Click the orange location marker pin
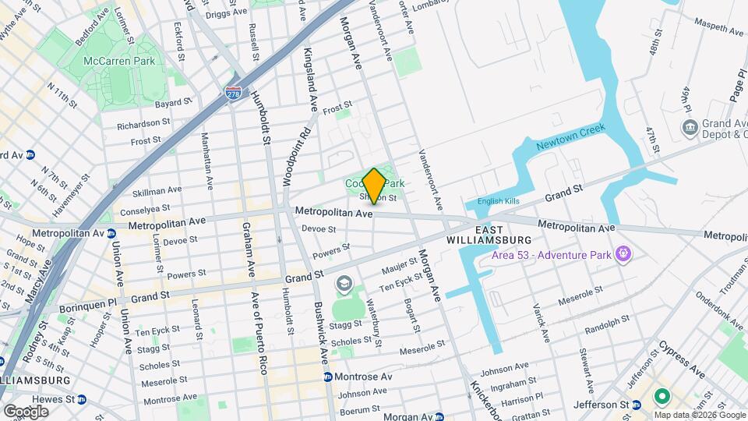coord(374,186)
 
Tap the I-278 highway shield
coord(233,93)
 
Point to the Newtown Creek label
coord(570,138)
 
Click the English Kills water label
coord(498,200)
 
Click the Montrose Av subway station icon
coord(328,377)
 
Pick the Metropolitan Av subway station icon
coord(112,233)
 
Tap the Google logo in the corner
coord(26,411)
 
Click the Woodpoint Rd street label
coord(286,157)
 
